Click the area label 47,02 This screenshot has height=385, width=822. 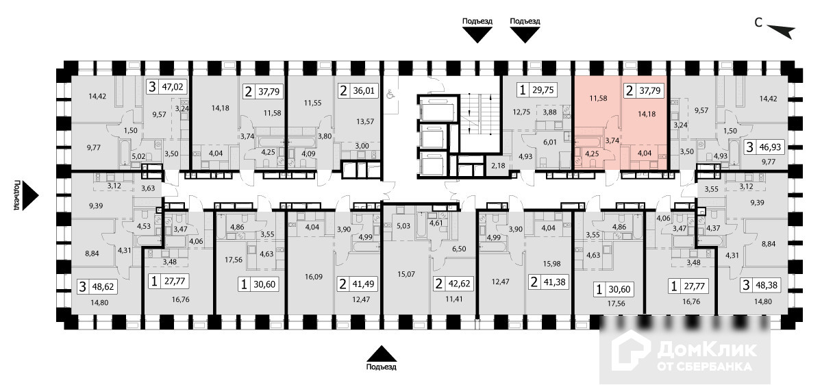click(173, 88)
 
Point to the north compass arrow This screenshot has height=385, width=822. click(781, 31)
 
